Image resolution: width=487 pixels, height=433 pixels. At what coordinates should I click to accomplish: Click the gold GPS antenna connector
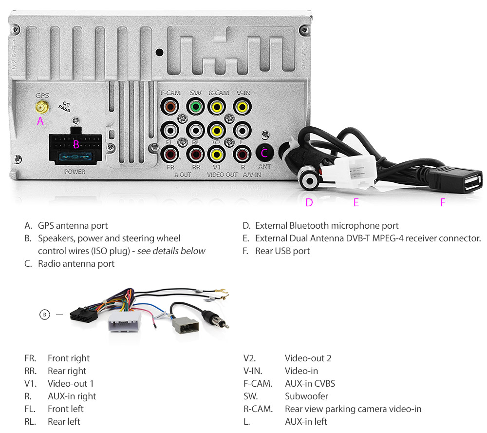pyautogui.click(x=40, y=106)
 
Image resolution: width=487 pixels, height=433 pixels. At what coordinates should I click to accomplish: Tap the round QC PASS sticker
pyautogui.click(x=64, y=107)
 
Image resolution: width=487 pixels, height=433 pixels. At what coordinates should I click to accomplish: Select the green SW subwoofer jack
pyautogui.click(x=195, y=106)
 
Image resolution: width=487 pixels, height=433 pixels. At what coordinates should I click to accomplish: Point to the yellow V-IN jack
pyautogui.click(x=242, y=106)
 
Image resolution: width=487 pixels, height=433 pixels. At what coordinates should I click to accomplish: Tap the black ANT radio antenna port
pyautogui.click(x=264, y=153)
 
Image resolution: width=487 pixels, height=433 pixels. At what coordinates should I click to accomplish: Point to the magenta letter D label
pyautogui.click(x=309, y=202)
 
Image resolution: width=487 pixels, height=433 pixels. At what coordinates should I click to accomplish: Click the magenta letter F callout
pyautogui.click(x=442, y=202)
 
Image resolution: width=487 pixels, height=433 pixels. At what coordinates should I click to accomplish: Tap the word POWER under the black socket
pyautogui.click(x=75, y=172)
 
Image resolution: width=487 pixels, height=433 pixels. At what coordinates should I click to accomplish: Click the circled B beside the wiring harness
pyautogui.click(x=44, y=315)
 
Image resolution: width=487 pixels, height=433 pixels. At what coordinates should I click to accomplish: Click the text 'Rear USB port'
pyautogui.click(x=282, y=251)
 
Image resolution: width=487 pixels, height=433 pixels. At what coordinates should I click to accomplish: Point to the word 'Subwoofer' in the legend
pyautogui.click(x=306, y=396)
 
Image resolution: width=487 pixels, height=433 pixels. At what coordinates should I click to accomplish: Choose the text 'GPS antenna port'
pyautogui.click(x=73, y=226)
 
